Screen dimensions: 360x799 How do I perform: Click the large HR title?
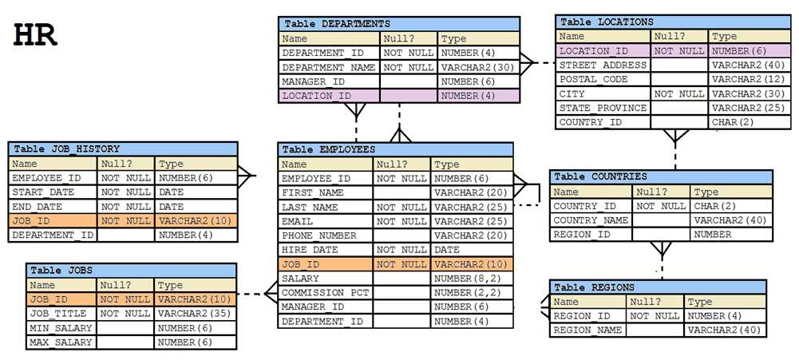pyautogui.click(x=36, y=36)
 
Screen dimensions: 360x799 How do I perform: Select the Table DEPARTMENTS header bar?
pyautogui.click(x=399, y=24)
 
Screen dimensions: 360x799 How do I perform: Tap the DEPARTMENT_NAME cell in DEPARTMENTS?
pyautogui.click(x=329, y=68)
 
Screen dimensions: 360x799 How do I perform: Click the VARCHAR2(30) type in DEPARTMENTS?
pyautogui.click(x=478, y=68)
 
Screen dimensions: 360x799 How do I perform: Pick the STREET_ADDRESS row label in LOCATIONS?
pyautogui.click(x=603, y=65)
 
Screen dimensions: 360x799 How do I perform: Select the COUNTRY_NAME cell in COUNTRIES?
pyautogui.click(x=591, y=220)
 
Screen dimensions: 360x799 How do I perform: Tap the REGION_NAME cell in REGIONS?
pyautogui.click(x=587, y=330)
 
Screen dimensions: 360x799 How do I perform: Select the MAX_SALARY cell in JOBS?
pyautogui.click(x=61, y=342)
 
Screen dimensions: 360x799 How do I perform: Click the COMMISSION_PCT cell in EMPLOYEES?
pyautogui.click(x=325, y=293)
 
